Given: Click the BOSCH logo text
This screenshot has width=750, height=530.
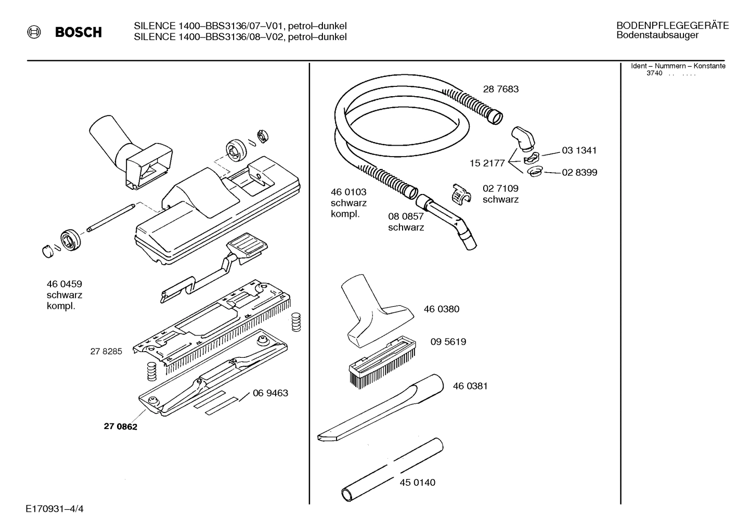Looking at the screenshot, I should coord(78,32).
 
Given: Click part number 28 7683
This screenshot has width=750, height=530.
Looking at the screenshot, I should coord(500,89).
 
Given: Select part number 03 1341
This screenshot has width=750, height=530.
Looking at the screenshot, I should coord(579,150).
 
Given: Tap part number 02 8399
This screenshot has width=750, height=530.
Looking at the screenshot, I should coord(579,173).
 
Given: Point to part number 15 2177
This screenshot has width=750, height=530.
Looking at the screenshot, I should coord(487,163).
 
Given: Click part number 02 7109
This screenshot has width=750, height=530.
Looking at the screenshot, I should coord(500,188).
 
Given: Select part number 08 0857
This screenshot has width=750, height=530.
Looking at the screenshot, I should coord(406,216).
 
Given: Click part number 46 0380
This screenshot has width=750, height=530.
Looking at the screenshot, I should coord(441,309).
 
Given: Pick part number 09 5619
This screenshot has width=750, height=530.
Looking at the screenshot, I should coord(448,342).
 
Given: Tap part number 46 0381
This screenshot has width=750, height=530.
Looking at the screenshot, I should coord(470,386).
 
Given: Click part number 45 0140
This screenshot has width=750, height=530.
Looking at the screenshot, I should coord(417,482).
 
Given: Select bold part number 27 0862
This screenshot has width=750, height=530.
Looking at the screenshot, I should coord(120,426).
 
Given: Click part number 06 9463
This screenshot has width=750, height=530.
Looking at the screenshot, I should coord(270,393).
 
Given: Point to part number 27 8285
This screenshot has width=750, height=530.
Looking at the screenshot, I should coord(106,351).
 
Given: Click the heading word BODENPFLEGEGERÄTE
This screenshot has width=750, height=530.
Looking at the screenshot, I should coord(672,25).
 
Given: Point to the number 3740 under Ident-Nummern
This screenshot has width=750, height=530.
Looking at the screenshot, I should coord(654,73).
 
